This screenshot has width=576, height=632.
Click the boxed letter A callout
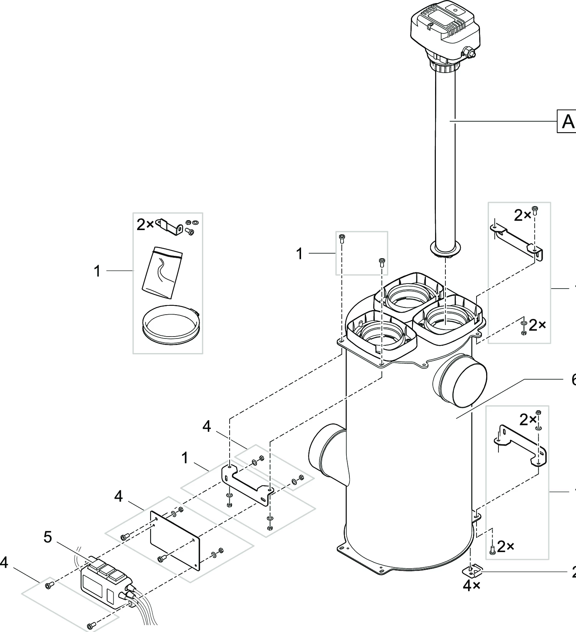pos(567,121)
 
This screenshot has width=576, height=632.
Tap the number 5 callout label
pos(48,537)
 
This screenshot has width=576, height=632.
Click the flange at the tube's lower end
pos(445,249)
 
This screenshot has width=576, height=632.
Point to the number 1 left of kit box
pos(97,272)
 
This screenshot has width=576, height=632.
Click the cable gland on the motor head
pos(468,52)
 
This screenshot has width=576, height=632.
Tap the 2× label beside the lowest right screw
pos(506,547)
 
